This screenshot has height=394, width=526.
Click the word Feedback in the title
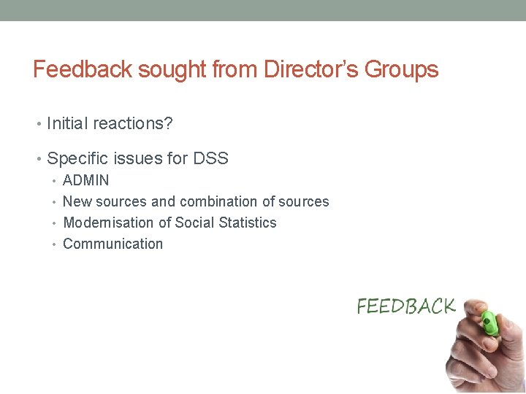83,70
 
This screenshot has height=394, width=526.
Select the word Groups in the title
400,70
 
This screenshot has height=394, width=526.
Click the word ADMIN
86,180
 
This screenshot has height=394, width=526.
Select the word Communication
113,244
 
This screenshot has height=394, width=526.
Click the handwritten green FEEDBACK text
405,306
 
